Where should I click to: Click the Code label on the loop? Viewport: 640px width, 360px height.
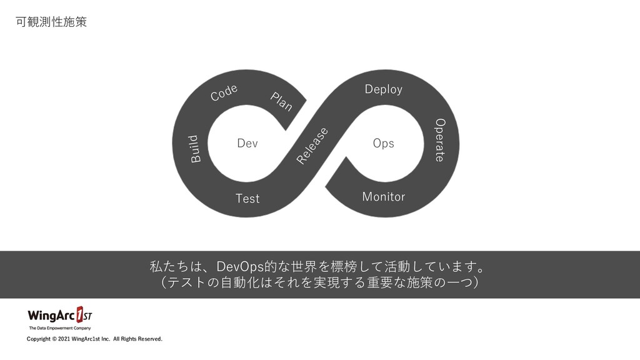click(x=224, y=92)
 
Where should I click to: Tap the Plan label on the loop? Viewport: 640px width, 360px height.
click(x=281, y=101)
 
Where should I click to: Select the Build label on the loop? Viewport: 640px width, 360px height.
click(x=196, y=149)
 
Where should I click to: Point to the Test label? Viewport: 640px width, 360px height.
click(x=247, y=199)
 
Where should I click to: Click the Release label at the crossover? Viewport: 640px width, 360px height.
click(x=312, y=146)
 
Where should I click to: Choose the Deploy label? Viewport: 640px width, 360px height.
click(x=384, y=89)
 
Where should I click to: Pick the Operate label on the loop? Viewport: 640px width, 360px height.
click(x=439, y=139)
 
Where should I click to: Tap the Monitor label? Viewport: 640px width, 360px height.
click(x=384, y=197)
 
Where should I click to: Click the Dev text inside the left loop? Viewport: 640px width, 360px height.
click(x=247, y=144)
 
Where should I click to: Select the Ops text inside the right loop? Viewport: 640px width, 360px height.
click(x=383, y=144)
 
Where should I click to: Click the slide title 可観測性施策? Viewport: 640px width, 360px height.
click(x=51, y=22)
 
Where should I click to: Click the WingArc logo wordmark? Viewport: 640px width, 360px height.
click(x=51, y=314)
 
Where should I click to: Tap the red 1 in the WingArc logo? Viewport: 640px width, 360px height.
click(x=80, y=313)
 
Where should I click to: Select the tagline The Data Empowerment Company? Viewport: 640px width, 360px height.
click(x=60, y=328)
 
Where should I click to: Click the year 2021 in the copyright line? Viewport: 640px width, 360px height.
click(x=64, y=339)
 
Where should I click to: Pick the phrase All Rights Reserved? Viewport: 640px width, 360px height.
click(x=137, y=339)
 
